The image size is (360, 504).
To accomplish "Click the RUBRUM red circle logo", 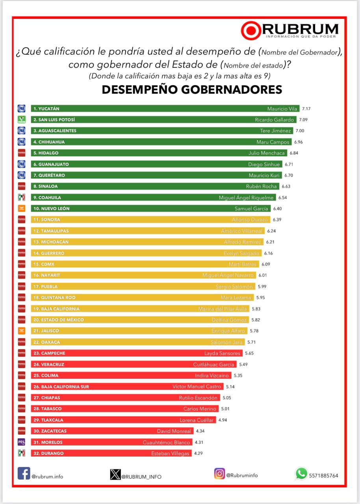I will click(x=251, y=30).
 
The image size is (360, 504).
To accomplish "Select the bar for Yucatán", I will click(x=165, y=109).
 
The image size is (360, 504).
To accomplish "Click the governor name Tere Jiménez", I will click(x=275, y=131).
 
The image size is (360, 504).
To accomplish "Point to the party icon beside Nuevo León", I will click(x=22, y=208).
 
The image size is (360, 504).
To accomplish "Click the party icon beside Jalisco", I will click(x=22, y=331).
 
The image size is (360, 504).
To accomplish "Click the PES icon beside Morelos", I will click(x=22, y=442).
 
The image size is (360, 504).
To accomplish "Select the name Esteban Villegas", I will click(x=170, y=453).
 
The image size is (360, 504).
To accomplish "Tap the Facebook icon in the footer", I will click(x=24, y=473).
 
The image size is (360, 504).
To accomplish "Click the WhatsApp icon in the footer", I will click(x=301, y=473).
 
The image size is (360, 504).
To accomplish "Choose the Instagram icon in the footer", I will click(x=220, y=473).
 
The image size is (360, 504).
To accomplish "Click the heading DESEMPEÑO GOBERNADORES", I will click(x=192, y=90).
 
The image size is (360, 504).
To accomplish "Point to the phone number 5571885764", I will click(x=324, y=475).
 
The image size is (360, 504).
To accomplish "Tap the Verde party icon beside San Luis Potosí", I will click(x=22, y=120).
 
